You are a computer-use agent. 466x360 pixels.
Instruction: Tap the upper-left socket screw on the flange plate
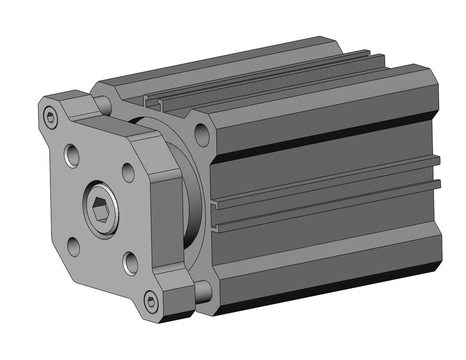point(50,118)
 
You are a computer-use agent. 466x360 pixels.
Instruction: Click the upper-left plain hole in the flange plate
point(73,155)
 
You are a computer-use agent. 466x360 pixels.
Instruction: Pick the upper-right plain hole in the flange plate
point(129,173)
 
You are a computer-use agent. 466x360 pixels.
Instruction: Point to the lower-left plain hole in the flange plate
point(74,246)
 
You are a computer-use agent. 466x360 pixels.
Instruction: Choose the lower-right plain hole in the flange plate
point(130,263)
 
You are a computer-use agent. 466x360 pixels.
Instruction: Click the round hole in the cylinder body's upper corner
point(202,134)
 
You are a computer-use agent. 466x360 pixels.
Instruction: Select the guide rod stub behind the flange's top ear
point(104,105)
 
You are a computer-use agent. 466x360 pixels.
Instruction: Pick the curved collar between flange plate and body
point(193,206)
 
